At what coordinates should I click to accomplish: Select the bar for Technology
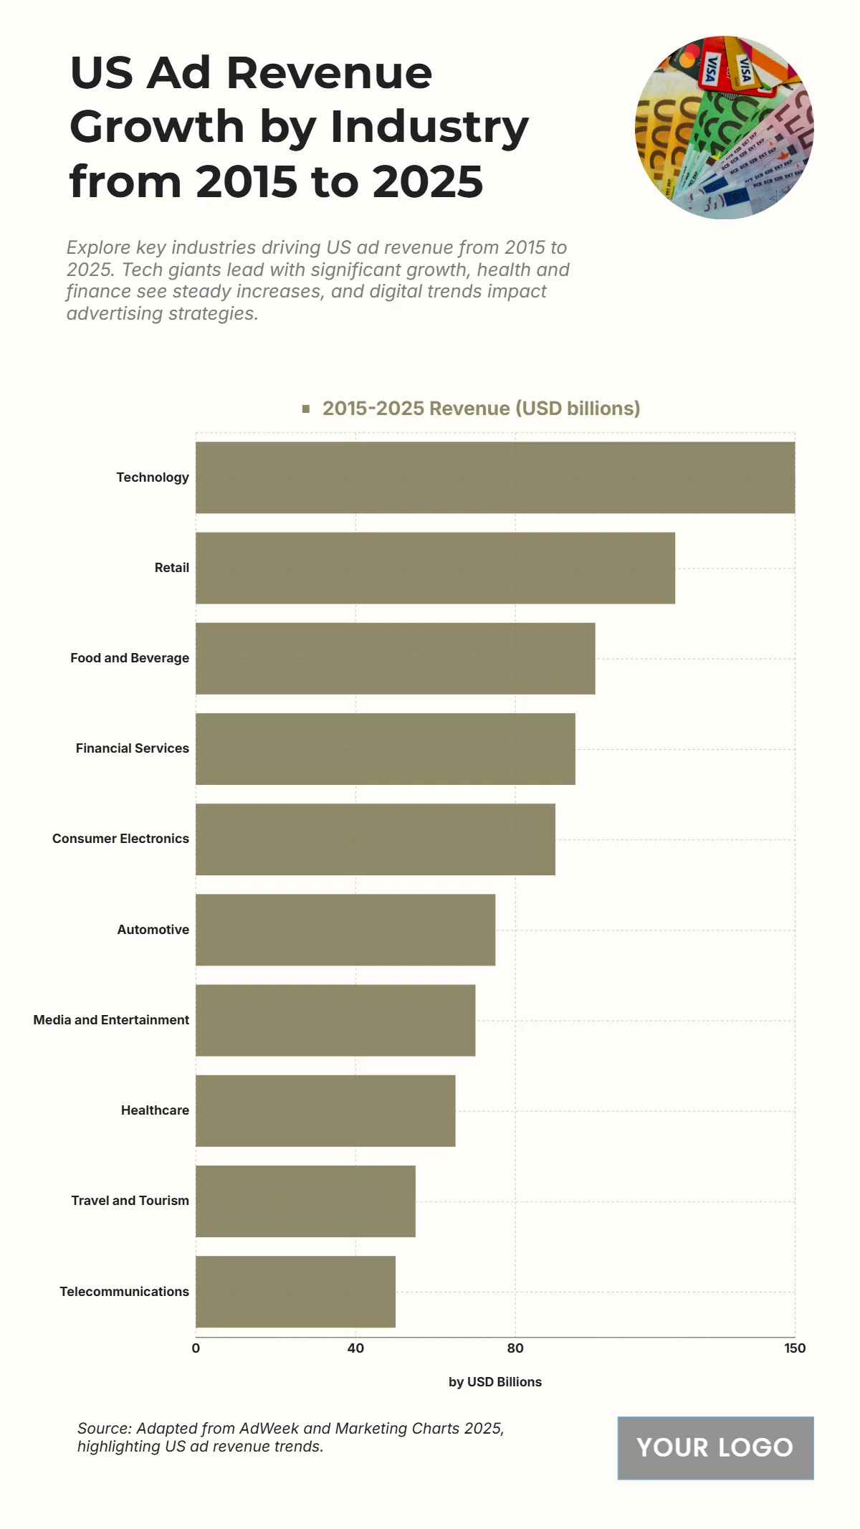click(494, 477)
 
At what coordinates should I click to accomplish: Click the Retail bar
click(435, 568)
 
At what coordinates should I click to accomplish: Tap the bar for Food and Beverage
click(395, 658)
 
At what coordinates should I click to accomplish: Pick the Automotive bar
click(345, 930)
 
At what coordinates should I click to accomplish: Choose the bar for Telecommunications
click(295, 1292)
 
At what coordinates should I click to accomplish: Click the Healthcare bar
click(325, 1110)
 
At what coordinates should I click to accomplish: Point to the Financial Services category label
click(133, 748)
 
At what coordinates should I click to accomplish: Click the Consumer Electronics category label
click(120, 839)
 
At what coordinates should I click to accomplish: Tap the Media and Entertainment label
click(111, 1020)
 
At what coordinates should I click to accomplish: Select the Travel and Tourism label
click(130, 1201)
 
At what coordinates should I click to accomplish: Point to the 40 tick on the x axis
click(355, 1348)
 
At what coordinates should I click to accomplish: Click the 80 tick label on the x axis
click(515, 1348)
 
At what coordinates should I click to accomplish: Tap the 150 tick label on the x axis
click(795, 1348)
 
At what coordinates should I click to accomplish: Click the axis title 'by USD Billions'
click(494, 1382)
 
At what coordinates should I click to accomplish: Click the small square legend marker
click(306, 409)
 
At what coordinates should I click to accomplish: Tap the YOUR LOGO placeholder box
click(715, 1448)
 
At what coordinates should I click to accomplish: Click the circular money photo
click(724, 128)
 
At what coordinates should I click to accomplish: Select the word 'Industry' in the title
click(429, 127)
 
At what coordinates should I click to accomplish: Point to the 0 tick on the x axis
click(196, 1348)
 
